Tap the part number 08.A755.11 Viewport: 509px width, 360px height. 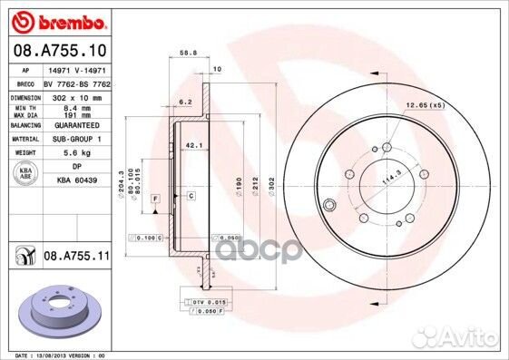click(76, 258)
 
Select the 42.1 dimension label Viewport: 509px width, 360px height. click(192, 144)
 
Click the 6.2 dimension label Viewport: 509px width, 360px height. click(185, 102)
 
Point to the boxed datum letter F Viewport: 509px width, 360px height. click(155, 197)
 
